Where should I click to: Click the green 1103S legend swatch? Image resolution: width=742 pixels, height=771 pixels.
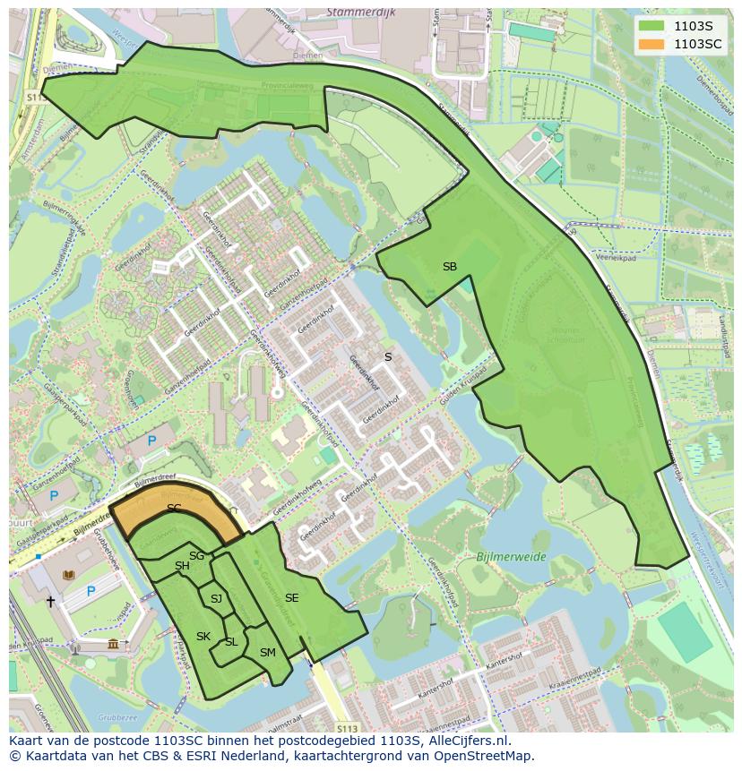(x=652, y=26)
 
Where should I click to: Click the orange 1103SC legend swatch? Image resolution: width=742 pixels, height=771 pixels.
(x=652, y=44)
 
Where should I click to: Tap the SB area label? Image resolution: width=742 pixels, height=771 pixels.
(x=449, y=267)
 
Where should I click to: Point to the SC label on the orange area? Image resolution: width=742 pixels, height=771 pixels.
(x=174, y=509)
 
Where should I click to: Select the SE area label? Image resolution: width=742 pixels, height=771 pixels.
(x=291, y=598)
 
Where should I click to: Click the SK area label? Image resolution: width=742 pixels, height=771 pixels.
(x=203, y=637)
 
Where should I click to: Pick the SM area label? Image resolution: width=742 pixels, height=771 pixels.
(x=267, y=653)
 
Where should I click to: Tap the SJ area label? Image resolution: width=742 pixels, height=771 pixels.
(x=216, y=599)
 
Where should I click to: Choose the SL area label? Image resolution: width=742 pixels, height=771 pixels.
(x=231, y=642)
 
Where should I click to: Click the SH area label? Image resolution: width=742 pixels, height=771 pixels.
(x=182, y=566)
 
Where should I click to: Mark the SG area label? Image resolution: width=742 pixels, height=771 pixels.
(x=196, y=556)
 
